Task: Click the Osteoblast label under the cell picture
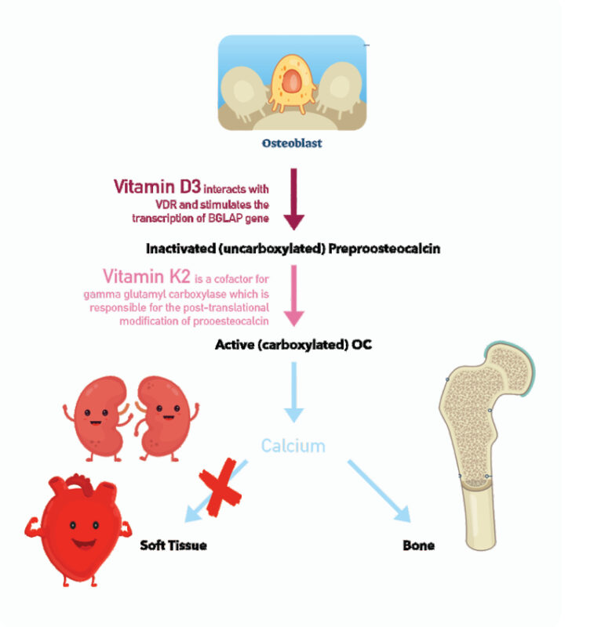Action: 292,143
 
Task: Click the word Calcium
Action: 293,446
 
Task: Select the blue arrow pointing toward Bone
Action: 379,492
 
